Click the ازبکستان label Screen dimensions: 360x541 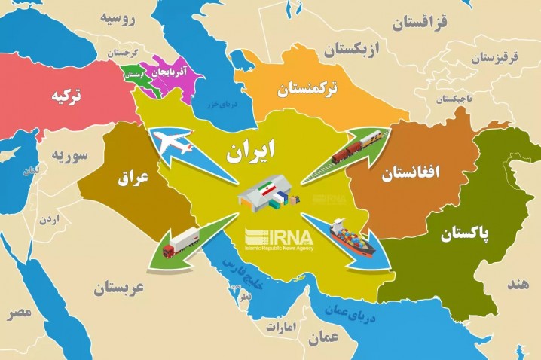(353, 50)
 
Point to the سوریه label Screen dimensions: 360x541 (71, 156)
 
